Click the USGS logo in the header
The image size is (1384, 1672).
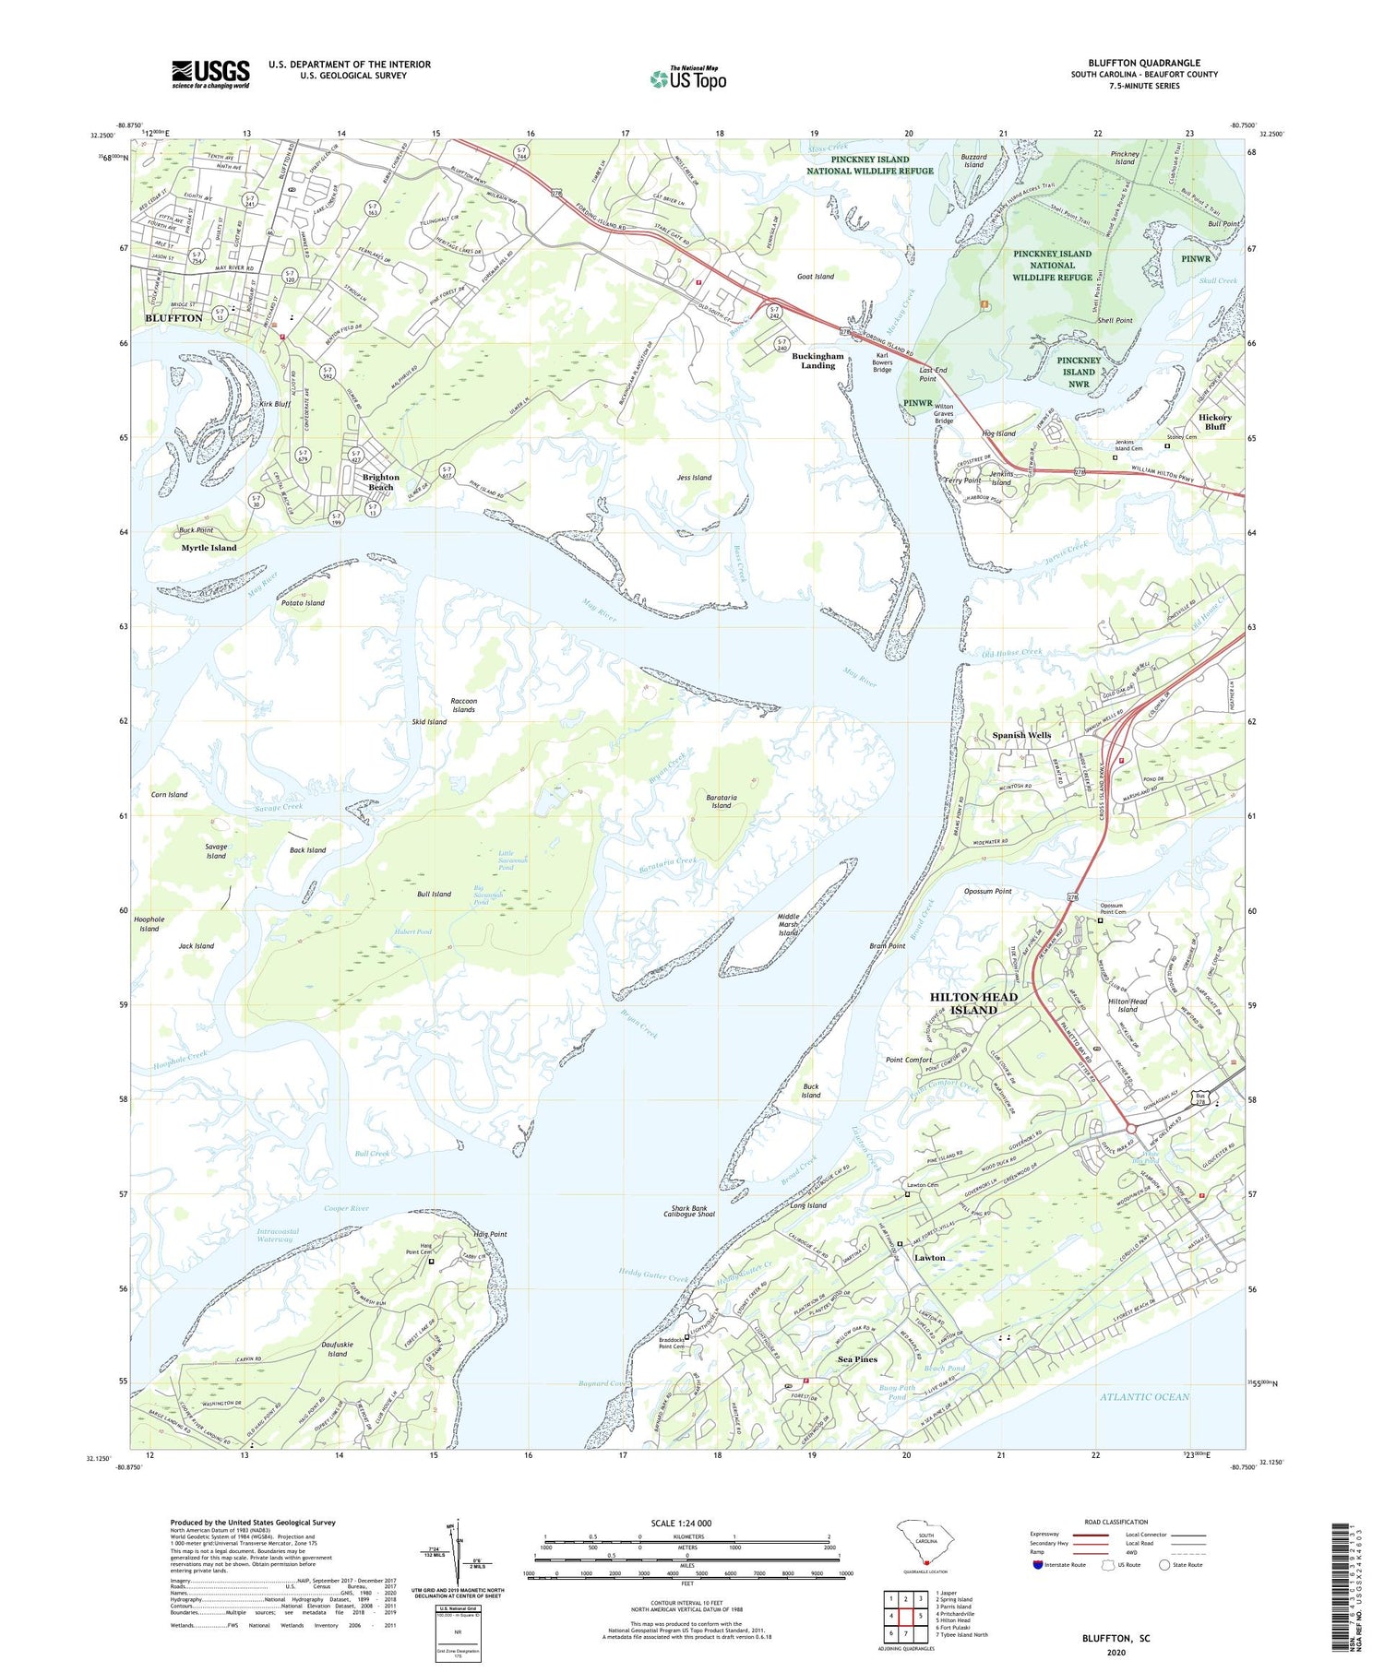210,74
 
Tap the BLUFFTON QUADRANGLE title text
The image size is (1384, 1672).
1144,63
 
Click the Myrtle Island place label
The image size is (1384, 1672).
209,548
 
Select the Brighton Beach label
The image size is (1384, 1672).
380,482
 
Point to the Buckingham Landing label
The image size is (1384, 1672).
817,361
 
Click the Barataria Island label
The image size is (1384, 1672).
721,800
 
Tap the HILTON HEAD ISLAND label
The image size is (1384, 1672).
973,1003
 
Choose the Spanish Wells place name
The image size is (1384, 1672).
1021,735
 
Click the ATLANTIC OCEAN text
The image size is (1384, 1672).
1144,1396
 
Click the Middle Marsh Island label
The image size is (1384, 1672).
788,925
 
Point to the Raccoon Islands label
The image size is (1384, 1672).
463,705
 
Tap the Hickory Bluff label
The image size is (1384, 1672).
1215,421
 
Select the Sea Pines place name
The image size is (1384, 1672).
857,1359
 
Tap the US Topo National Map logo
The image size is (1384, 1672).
687,78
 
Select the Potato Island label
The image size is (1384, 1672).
303,603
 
